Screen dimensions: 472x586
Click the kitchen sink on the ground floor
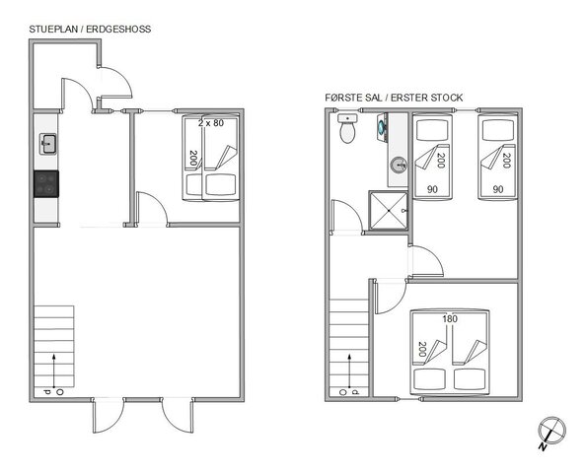click(46, 145)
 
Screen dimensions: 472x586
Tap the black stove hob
click(46, 183)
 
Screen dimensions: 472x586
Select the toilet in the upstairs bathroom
click(345, 130)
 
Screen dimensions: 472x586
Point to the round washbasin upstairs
click(397, 166)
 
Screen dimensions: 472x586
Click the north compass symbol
click(550, 432)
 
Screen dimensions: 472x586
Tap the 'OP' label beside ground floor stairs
click(53, 392)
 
